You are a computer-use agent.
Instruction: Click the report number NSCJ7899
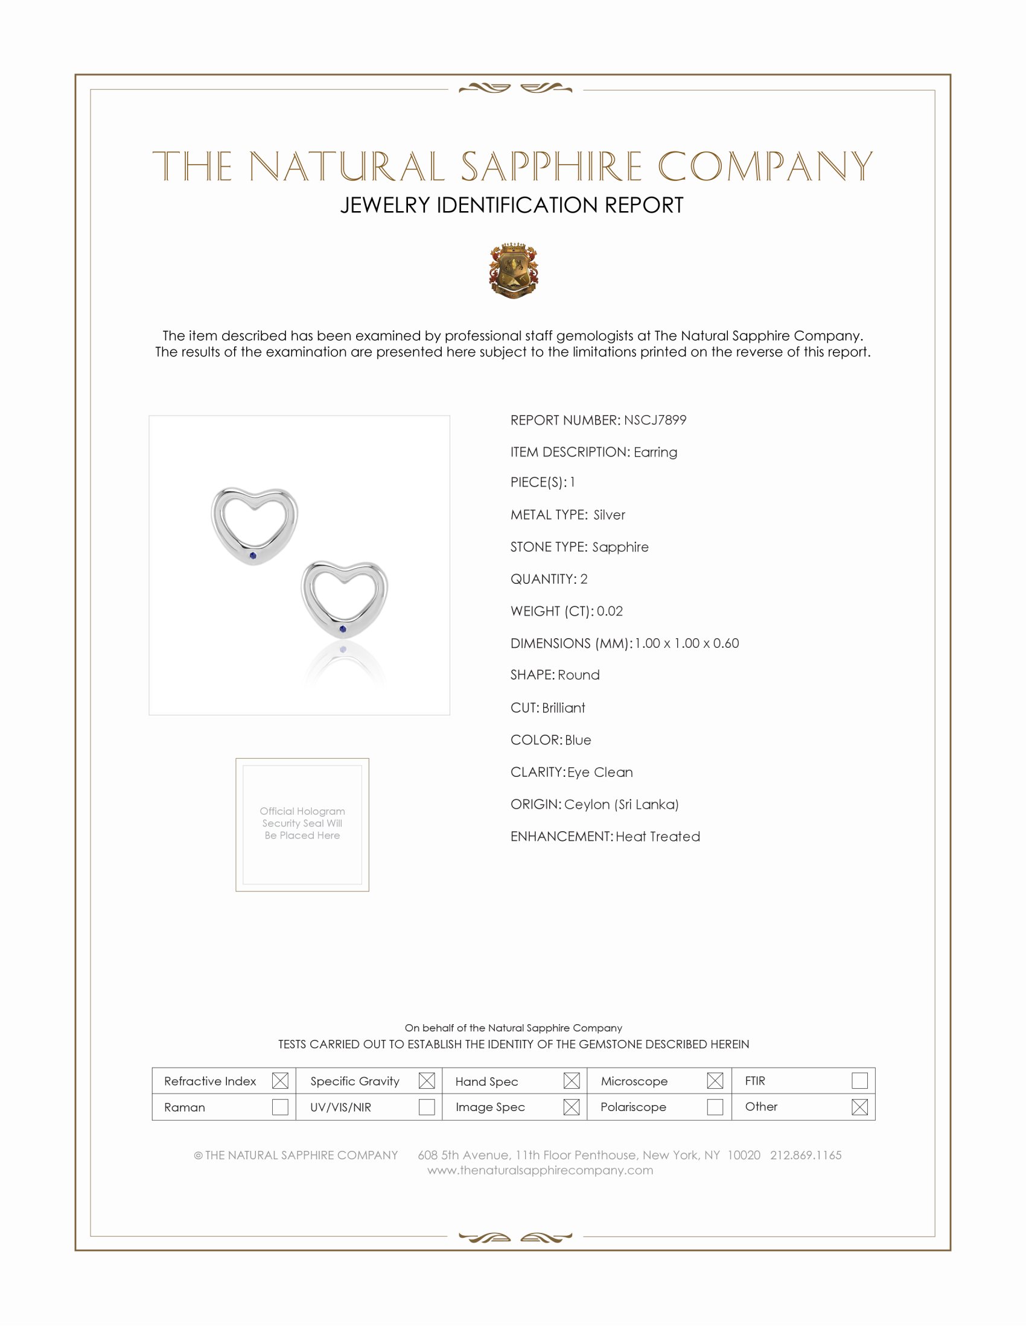[655, 420]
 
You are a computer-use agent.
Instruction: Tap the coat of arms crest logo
[514, 270]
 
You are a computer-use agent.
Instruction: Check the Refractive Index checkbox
[280, 1080]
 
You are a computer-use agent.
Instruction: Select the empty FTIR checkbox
[859, 1080]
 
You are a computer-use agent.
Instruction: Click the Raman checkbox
[280, 1107]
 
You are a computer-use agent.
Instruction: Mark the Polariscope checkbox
[715, 1107]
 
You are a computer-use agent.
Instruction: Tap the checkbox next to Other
[859, 1107]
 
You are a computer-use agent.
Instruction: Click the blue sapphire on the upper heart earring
[253, 556]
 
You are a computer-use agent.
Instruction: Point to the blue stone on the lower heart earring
[343, 629]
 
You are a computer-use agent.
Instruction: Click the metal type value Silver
[609, 515]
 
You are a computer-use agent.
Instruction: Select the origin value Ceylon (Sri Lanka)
[621, 805]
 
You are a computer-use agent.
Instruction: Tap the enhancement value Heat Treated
[658, 837]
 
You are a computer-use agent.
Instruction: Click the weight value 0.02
[610, 611]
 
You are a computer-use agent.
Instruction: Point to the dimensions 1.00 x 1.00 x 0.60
[687, 644]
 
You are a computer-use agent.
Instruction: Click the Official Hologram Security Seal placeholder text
[302, 823]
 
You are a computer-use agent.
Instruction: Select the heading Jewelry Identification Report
[512, 205]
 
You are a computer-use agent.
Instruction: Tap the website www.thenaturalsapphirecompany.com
[540, 1170]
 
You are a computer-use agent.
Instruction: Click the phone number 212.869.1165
[805, 1155]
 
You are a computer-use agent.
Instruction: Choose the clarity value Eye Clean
[600, 772]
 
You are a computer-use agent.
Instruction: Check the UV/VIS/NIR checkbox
[427, 1107]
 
